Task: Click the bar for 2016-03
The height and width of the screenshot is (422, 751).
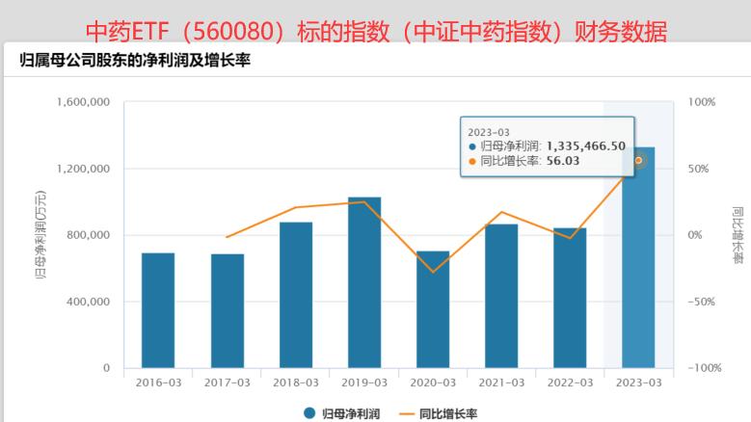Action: pyautogui.click(x=158, y=310)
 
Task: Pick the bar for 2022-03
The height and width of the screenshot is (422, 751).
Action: pyautogui.click(x=570, y=298)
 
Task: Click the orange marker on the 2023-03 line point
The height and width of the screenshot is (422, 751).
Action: pyautogui.click(x=638, y=160)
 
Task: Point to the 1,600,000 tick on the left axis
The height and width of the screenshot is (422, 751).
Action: pyautogui.click(x=85, y=102)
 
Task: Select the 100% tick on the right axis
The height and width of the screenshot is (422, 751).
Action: pyautogui.click(x=701, y=102)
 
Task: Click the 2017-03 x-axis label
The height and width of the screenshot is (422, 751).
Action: pyautogui.click(x=228, y=382)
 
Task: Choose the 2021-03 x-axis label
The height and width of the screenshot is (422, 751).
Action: pyautogui.click(x=501, y=382)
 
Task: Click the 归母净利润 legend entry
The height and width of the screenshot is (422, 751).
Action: pyautogui.click(x=341, y=413)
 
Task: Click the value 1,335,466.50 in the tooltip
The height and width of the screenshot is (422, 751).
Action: pyautogui.click(x=585, y=145)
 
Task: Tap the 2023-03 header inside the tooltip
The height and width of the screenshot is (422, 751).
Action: pyautogui.click(x=488, y=131)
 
